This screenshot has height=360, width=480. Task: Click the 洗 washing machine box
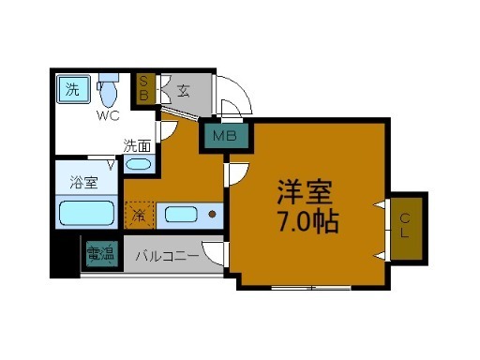pos(71,91)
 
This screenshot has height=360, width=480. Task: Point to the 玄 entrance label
pos(184,91)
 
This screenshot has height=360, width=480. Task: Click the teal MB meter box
pos(225,138)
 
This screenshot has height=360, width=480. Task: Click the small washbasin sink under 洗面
pos(138,165)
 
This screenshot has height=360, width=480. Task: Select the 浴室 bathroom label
pos(83,183)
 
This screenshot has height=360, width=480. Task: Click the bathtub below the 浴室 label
pos(86,214)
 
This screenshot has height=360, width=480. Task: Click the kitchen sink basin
pos(181,215)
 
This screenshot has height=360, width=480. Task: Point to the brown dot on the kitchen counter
pos(213,215)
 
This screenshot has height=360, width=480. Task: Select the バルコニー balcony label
pos(166,254)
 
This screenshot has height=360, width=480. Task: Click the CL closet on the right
pos(406,228)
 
